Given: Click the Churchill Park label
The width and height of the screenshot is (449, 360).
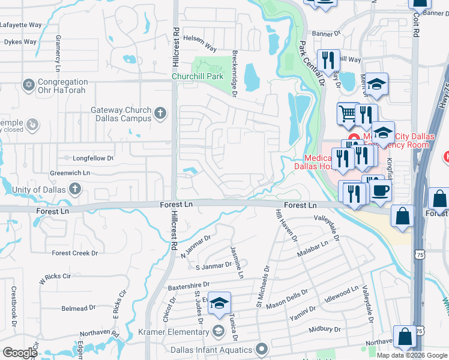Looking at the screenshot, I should (x=197, y=77).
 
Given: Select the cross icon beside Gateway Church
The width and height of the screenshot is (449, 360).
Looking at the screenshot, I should (x=160, y=112).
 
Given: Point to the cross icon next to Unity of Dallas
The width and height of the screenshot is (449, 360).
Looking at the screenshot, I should (x=74, y=190).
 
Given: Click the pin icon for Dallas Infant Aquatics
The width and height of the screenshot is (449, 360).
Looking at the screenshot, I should (x=261, y=349).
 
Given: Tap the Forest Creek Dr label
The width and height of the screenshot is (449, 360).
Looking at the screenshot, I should (x=74, y=253).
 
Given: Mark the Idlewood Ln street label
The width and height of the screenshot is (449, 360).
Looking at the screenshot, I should (x=341, y=293).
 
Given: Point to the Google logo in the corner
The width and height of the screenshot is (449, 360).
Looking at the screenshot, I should (x=20, y=353).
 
